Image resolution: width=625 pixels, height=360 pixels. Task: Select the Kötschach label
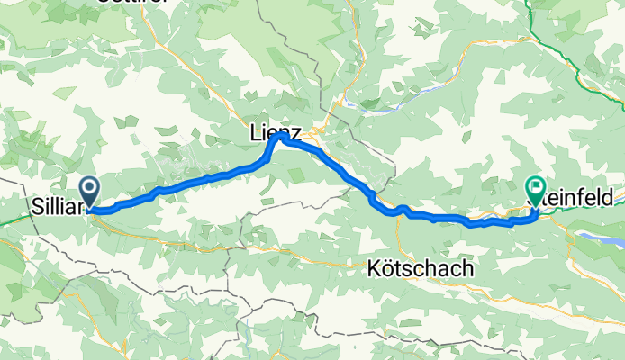click(x=421, y=269)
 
